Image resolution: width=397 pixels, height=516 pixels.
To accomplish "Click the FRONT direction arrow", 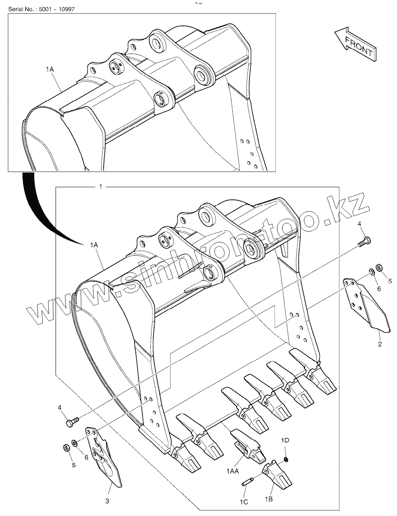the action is pos(355,44).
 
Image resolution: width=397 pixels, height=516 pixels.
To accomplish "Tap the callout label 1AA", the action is pos(233,471).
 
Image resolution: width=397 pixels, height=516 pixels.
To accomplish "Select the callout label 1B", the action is pos(268,499).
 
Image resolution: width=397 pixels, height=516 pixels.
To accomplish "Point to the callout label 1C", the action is pos(244,502).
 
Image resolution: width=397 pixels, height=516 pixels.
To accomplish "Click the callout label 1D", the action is pos(285,440).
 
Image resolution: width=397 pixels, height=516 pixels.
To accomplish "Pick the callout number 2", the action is pos(379,344).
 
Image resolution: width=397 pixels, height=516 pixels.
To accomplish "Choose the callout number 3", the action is pos(107,501).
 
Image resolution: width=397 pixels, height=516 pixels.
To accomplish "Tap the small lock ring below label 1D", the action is pos(286,460).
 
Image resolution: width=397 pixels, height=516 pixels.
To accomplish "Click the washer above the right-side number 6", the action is pos(371,272).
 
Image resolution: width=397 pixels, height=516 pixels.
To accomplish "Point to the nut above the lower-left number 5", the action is pos(66,448).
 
